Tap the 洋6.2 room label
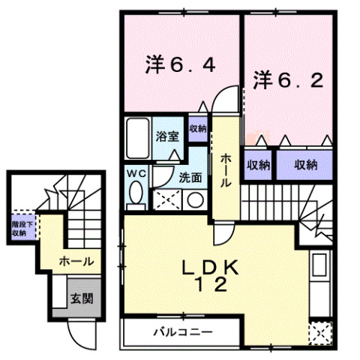click(287, 79)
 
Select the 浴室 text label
click(166, 137)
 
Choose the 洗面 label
click(190, 178)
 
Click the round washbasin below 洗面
click(194, 200)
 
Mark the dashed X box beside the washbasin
click(167, 199)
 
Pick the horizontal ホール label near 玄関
click(76, 262)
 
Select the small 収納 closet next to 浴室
click(198, 128)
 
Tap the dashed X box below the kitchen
click(320, 330)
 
